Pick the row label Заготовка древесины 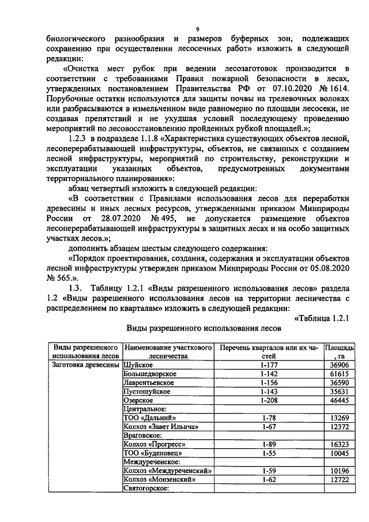(x=86, y=365)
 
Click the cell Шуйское (x=138, y=365)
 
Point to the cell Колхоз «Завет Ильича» (x=161, y=426)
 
